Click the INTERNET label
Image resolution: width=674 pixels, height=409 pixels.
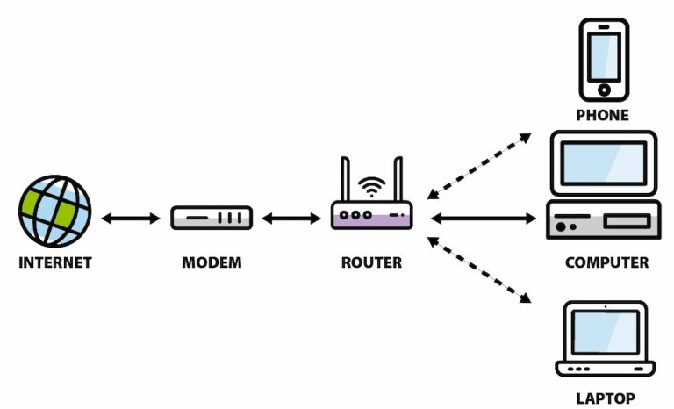pos(54,262)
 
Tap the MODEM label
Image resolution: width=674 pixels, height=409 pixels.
pos(211,262)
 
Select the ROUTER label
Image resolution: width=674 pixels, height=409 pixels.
pos(371,262)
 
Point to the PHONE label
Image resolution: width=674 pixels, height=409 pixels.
pos(602,115)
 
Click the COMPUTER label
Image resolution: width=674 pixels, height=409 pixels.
pos(606,262)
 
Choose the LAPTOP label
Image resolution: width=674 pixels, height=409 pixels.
pos(605,398)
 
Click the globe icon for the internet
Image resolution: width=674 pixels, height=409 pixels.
pos(54,212)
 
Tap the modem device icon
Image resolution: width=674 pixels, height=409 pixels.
pos(211,218)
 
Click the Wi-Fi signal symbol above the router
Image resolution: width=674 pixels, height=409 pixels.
pos(372,187)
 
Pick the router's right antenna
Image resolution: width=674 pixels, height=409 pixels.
pos(398,179)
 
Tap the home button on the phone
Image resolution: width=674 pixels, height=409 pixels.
pos(603,90)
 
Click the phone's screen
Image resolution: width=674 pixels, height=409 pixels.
pos(603,55)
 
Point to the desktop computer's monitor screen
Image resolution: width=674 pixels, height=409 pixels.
pos(603,161)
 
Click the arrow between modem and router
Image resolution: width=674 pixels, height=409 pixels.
pos(290,218)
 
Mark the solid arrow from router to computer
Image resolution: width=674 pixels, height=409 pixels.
pos(482,218)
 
